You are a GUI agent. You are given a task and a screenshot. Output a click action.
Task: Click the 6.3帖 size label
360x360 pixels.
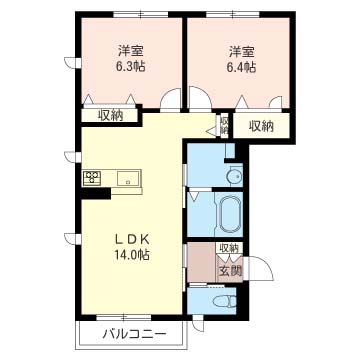[130, 67]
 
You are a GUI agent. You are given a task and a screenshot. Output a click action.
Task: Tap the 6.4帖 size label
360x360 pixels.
[242, 68]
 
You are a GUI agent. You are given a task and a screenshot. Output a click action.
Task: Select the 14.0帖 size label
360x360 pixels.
[131, 255]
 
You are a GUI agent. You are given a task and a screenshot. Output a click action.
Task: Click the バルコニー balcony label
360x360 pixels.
[134, 334]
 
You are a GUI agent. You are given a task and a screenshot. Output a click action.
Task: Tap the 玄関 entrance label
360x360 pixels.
[231, 271]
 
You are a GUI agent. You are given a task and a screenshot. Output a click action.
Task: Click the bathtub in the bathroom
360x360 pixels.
[230, 214]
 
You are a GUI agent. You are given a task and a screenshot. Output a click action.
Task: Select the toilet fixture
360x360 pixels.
[224, 303]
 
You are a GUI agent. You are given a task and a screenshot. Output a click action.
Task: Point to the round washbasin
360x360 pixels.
[234, 175]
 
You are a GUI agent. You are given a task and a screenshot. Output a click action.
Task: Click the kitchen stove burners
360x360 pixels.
[93, 177]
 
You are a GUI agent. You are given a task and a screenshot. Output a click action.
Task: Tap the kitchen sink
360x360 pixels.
[128, 177]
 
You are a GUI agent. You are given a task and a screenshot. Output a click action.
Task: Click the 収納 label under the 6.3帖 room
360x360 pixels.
[110, 115]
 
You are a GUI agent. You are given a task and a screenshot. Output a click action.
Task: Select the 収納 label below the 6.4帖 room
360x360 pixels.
[262, 126]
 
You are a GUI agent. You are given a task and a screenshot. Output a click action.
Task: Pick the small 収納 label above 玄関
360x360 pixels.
[229, 248]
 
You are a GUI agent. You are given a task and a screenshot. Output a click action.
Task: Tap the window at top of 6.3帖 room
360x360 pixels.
[141, 14]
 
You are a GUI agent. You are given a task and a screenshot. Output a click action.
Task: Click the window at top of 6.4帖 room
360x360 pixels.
[233, 14]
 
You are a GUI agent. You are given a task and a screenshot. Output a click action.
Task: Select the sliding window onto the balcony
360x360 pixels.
[124, 317]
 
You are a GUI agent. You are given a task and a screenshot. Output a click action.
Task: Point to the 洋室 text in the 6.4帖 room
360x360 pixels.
[242, 52]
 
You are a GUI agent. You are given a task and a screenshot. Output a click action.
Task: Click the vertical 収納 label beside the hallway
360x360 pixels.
[224, 125]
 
